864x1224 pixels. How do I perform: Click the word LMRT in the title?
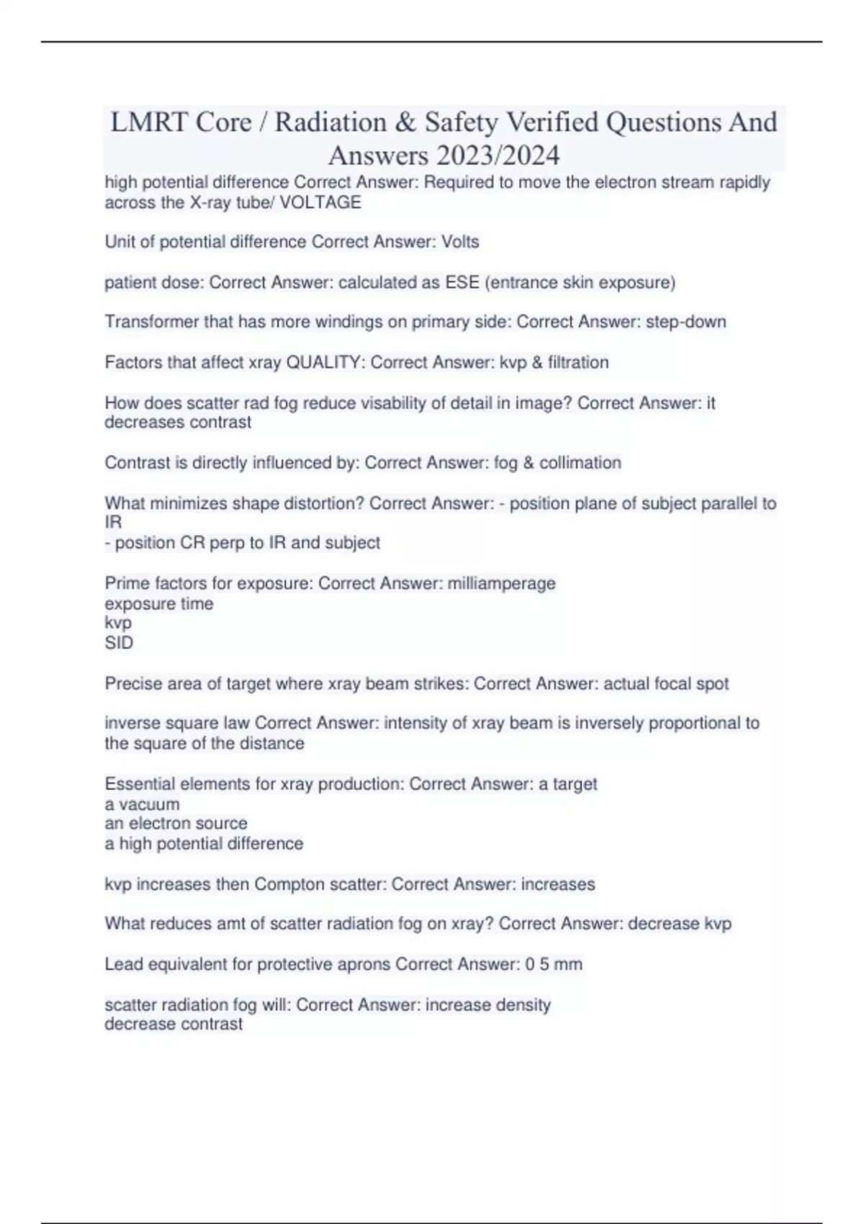[148, 122]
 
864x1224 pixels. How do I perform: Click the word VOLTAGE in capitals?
[320, 202]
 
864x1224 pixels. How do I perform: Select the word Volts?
[460, 242]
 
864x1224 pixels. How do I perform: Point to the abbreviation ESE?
[462, 282]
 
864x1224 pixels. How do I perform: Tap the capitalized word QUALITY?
[325, 362]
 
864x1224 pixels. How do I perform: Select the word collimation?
[580, 462]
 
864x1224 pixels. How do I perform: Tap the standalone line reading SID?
[119, 643]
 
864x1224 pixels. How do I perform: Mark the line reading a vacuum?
[142, 804]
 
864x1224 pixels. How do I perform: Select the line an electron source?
[176, 823]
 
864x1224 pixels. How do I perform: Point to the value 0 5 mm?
[554, 964]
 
